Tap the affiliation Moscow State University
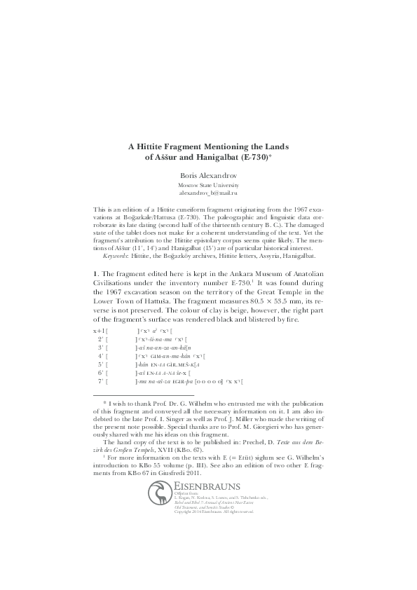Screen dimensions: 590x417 (x=208, y=184)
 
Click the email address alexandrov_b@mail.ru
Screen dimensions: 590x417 (x=208, y=192)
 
